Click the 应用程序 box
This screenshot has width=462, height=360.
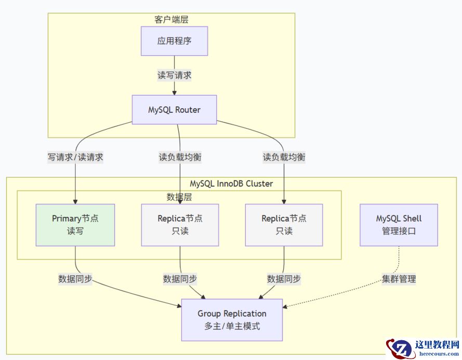(x=174, y=41)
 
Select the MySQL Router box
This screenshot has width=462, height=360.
(x=174, y=110)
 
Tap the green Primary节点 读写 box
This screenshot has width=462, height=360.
(x=75, y=225)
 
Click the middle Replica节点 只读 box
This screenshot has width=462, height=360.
(x=180, y=225)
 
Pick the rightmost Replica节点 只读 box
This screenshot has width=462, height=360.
(x=284, y=225)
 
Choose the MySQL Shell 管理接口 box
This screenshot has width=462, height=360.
(x=399, y=225)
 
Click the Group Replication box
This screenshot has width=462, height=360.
(x=232, y=320)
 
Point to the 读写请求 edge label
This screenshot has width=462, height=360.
(x=174, y=75)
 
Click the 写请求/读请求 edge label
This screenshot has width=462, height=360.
(x=75, y=157)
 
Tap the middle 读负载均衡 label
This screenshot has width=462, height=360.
(x=180, y=157)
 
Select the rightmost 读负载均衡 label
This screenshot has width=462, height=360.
(x=284, y=157)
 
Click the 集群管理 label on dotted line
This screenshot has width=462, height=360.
(x=399, y=279)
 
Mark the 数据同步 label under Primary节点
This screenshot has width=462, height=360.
(x=75, y=279)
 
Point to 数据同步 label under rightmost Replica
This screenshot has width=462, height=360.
(x=284, y=279)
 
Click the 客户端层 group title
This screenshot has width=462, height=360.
(x=171, y=19)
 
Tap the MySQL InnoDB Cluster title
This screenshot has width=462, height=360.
(x=231, y=183)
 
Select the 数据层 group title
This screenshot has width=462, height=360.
(x=179, y=196)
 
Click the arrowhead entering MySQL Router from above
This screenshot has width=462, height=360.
(x=174, y=93)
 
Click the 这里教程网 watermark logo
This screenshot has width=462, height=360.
(x=422, y=348)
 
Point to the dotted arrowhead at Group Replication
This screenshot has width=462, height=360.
(x=286, y=306)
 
